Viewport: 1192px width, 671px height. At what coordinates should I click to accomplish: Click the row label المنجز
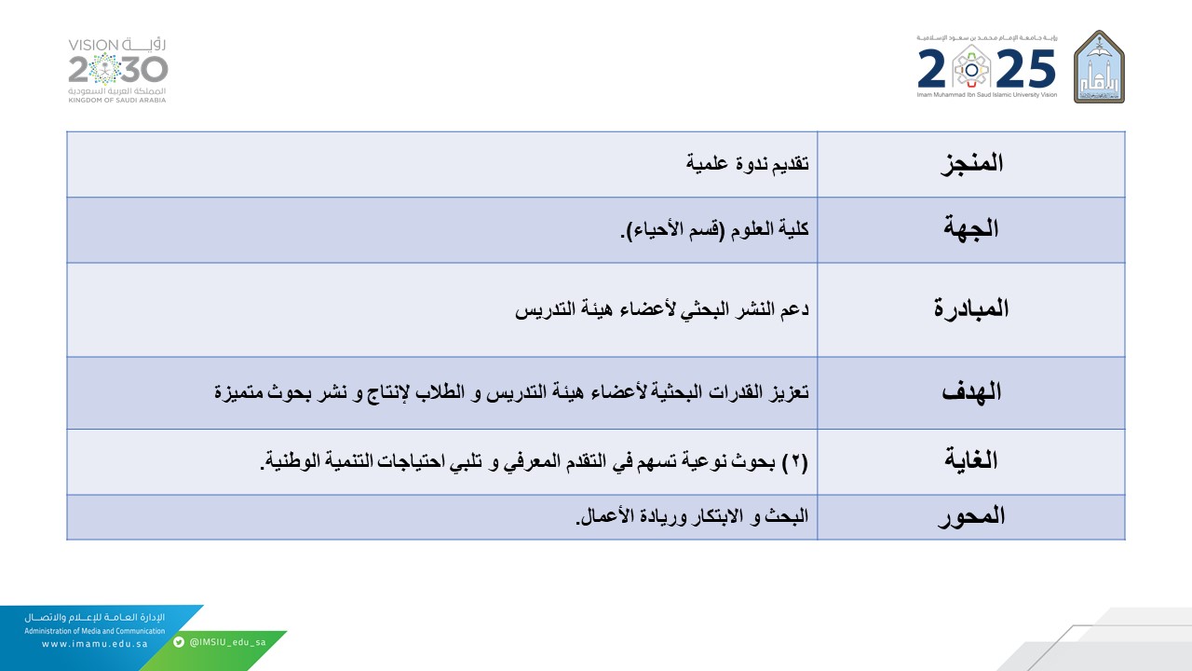click(969, 163)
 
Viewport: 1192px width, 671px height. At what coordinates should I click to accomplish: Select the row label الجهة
click(971, 229)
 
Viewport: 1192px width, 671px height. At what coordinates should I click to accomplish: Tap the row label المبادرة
click(970, 309)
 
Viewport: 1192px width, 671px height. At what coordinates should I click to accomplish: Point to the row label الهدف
click(971, 391)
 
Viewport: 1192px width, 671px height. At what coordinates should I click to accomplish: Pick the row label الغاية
click(971, 460)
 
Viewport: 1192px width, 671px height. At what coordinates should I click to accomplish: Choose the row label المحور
click(970, 516)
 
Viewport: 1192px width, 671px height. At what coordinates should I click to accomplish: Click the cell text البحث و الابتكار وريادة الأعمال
click(693, 516)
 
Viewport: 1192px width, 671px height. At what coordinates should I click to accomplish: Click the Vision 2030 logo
click(118, 70)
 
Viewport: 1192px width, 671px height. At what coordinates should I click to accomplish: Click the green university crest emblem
click(1099, 66)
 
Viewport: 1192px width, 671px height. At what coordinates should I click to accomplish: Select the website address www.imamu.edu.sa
click(94, 643)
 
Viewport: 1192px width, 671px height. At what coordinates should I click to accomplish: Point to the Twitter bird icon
click(179, 642)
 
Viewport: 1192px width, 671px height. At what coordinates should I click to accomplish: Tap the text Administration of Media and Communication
click(94, 631)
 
